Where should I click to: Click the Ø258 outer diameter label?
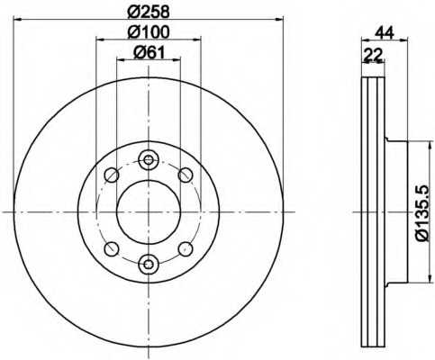[148, 12]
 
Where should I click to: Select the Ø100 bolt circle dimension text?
[148, 32]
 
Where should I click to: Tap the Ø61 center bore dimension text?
[149, 53]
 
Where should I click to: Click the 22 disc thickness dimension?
[373, 54]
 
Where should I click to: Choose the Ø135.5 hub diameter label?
[423, 212]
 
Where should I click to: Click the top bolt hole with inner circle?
[149, 159]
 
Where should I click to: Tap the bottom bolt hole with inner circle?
[149, 265]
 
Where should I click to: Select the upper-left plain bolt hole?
[112, 175]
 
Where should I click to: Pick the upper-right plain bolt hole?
[186, 175]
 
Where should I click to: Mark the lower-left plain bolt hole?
[112, 249]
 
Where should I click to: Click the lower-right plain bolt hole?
[186, 249]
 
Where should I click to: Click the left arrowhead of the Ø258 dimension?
[18, 20]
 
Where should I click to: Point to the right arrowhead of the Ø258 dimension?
[279, 20]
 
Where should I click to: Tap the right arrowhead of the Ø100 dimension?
[196, 40]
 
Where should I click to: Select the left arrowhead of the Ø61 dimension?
[121, 59]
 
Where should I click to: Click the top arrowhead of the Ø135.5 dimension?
[429, 146]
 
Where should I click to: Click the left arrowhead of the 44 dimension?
[367, 40]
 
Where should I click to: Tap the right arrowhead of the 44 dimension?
[403, 40]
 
